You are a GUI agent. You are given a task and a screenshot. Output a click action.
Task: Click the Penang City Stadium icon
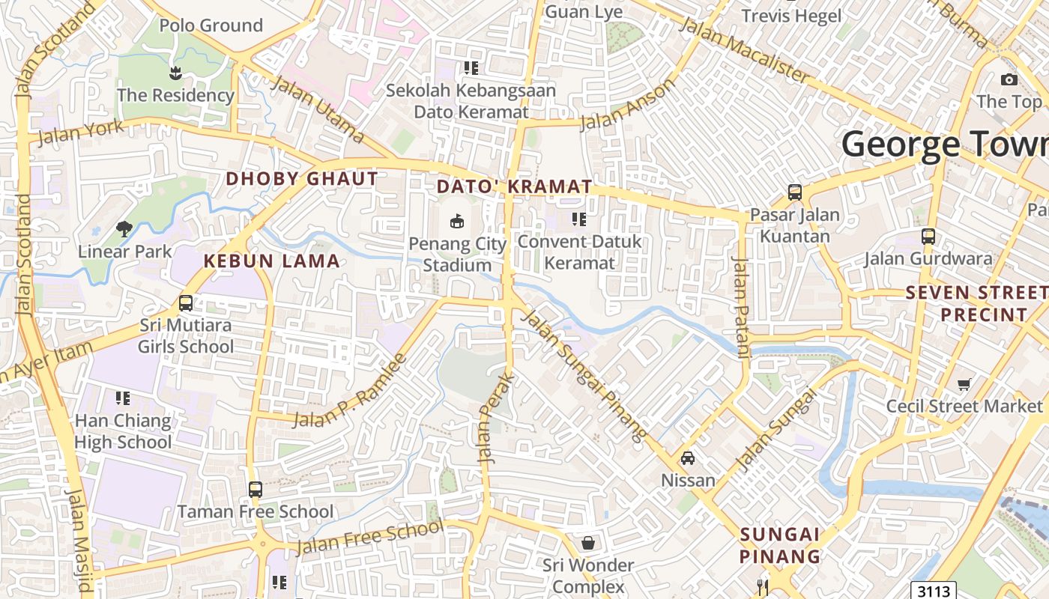tap(457, 220)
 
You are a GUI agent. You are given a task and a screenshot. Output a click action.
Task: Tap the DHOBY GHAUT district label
tap(302, 179)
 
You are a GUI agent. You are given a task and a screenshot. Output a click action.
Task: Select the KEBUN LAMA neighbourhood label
tap(272, 261)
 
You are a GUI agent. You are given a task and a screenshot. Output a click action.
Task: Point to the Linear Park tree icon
tap(124, 228)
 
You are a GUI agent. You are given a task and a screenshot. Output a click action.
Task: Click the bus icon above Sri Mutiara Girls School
tap(186, 303)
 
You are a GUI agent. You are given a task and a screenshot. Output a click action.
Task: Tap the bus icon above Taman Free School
tap(256, 490)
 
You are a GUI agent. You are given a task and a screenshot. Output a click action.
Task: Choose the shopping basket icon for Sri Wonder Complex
tap(588, 542)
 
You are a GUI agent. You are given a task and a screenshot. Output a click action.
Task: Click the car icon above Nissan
tap(687, 457)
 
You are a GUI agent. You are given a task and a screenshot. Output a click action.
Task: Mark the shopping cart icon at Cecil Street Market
tap(964, 384)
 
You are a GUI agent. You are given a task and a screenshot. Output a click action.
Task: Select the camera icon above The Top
tap(1009, 79)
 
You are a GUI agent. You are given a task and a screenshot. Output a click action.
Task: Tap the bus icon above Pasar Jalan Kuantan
tap(795, 192)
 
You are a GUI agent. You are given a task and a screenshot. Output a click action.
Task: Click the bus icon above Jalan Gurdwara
tap(928, 237)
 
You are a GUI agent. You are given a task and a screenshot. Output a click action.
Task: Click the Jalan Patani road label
tap(740, 308)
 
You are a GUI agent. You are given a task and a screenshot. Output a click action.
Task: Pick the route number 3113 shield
tap(934, 591)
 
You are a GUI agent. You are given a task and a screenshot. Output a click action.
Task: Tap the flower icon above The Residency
tap(175, 73)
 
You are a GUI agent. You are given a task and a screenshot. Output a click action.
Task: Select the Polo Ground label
tap(211, 25)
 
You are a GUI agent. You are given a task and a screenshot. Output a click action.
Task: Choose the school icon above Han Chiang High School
tap(123, 398)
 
